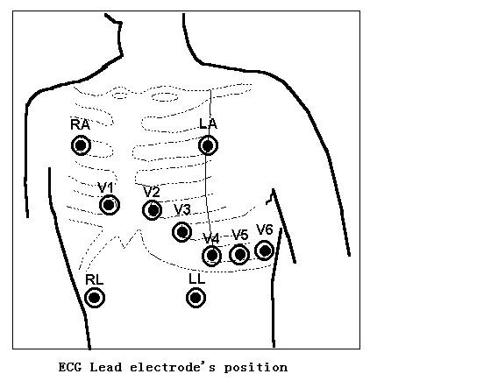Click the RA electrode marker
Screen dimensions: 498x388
(x=81, y=145)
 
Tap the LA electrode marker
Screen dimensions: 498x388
(x=208, y=145)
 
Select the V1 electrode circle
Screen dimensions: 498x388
(x=110, y=205)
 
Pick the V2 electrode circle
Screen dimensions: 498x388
(x=153, y=209)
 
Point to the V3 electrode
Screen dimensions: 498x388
(x=182, y=232)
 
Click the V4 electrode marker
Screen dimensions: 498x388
(x=212, y=256)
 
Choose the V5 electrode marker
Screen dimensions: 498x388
(x=239, y=254)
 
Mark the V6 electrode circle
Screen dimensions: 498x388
(x=265, y=250)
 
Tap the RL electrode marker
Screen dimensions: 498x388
(x=95, y=298)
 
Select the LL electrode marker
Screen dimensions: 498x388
(x=196, y=298)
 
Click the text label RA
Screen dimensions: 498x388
(x=80, y=124)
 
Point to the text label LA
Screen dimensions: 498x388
(x=208, y=123)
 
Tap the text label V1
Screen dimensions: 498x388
(x=105, y=187)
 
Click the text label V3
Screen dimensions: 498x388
(x=182, y=209)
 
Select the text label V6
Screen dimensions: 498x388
(x=265, y=229)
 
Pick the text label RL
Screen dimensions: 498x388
(x=95, y=279)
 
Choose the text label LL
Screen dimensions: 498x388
(x=196, y=279)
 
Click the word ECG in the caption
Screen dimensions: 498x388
(x=70, y=367)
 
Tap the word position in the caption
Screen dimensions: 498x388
(x=256, y=368)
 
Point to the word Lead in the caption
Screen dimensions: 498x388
(x=106, y=367)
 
